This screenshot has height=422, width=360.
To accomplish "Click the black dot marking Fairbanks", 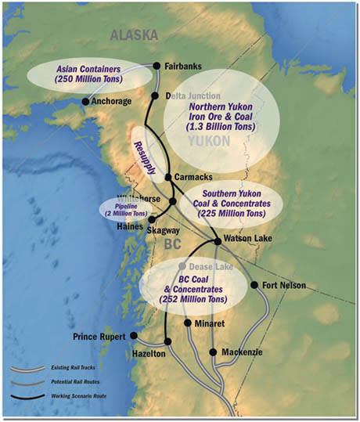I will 156,66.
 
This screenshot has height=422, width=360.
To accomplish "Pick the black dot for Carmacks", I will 167,178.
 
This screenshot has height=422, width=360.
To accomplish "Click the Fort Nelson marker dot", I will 254,284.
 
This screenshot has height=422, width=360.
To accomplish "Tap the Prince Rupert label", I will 101,337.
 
